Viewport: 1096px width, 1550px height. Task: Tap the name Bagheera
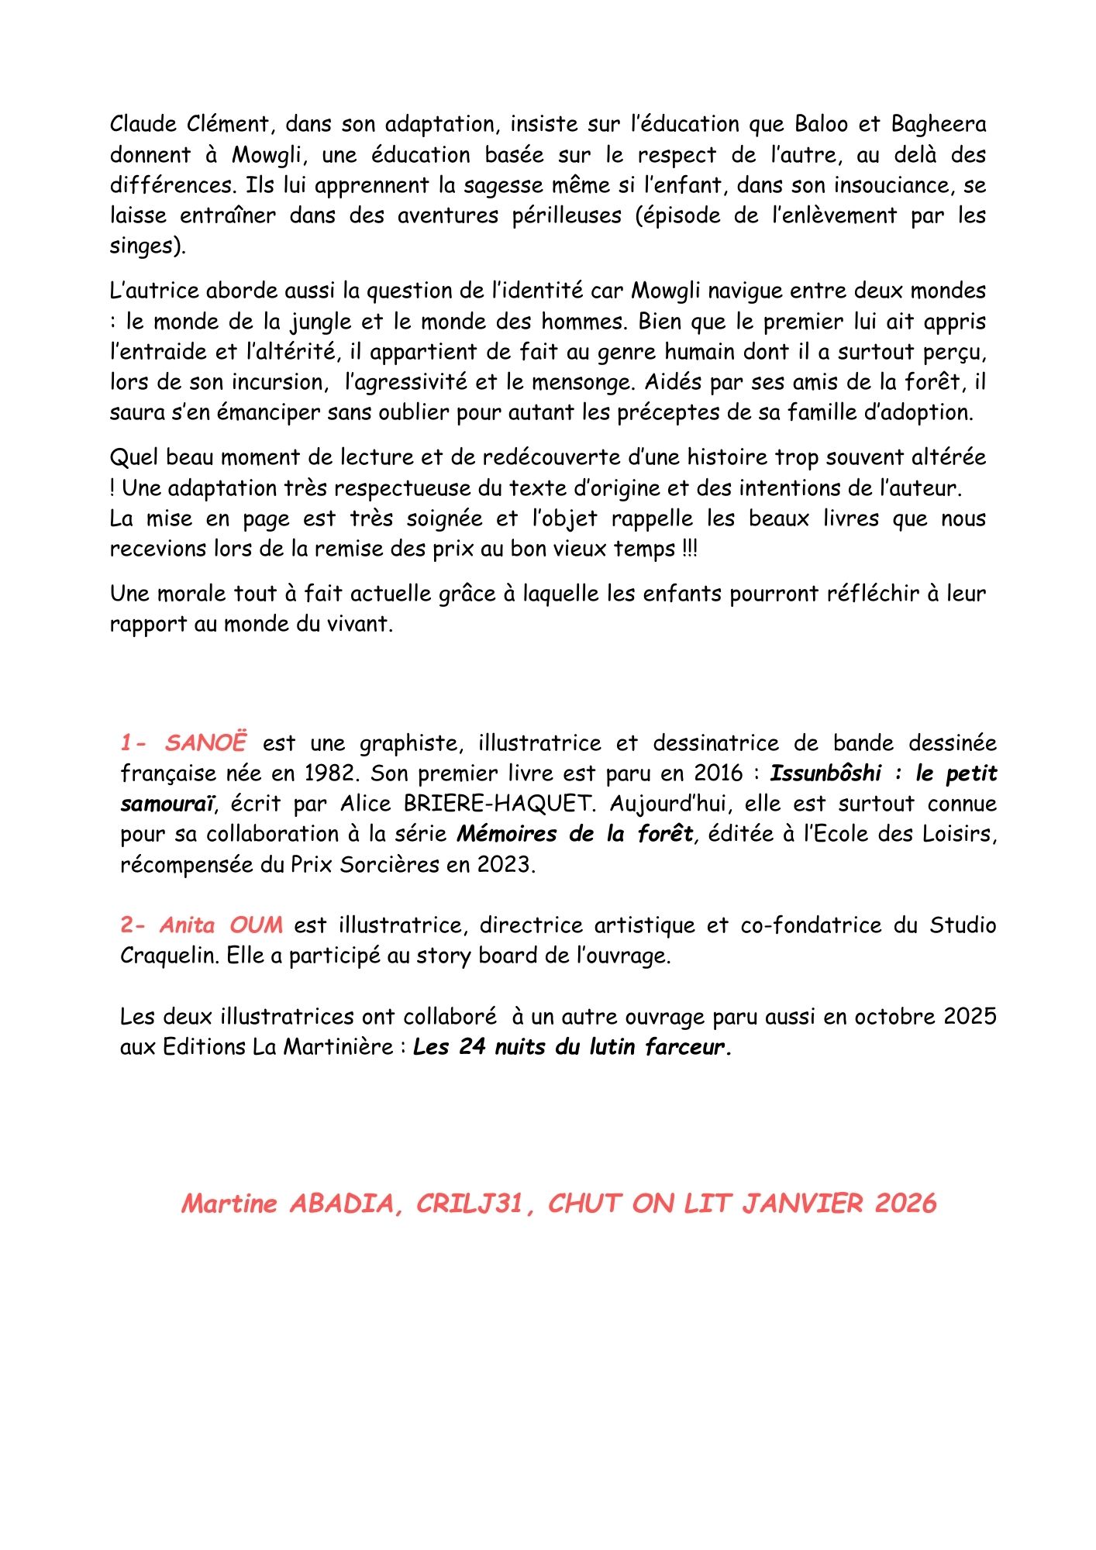pos(938,124)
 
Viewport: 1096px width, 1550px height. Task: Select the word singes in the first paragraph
pos(144,246)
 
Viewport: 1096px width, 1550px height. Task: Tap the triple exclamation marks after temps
pos(689,549)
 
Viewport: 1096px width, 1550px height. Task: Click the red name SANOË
pos(205,742)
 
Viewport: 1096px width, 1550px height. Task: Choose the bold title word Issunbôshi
pos(825,773)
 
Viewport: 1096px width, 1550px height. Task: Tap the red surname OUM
pos(256,925)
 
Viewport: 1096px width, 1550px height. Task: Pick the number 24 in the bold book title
pos(471,1047)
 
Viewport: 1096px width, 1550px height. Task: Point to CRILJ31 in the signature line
pos(469,1204)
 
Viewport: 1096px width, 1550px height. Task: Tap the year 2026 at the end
pos(905,1204)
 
